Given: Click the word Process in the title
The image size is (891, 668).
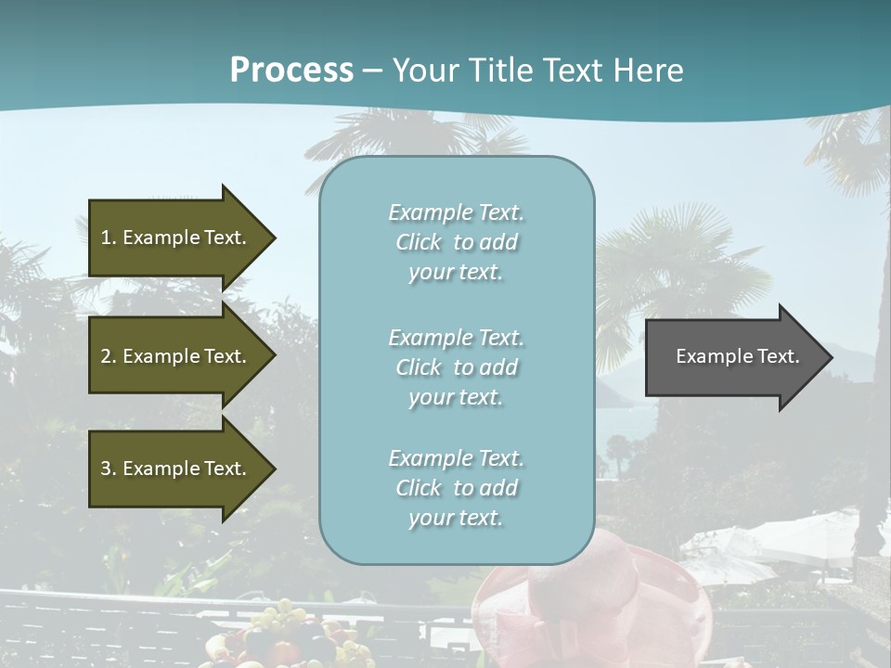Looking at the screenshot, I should pyautogui.click(x=291, y=71).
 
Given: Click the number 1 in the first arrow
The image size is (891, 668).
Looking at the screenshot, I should pyautogui.click(x=106, y=238).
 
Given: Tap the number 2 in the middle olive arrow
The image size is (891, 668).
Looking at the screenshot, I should pyautogui.click(x=106, y=356).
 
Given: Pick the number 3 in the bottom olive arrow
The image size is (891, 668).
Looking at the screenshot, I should pyautogui.click(x=106, y=469).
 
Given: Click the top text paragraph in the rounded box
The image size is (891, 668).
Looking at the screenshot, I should pyautogui.click(x=456, y=242).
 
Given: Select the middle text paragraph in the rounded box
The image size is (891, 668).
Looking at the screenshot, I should pyautogui.click(x=456, y=367).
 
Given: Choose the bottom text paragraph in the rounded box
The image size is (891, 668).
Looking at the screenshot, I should pyautogui.click(x=456, y=488).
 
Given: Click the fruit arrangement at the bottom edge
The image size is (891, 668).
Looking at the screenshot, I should pyautogui.click(x=288, y=640).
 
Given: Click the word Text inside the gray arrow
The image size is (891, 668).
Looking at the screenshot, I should pyautogui.click(x=779, y=356).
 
